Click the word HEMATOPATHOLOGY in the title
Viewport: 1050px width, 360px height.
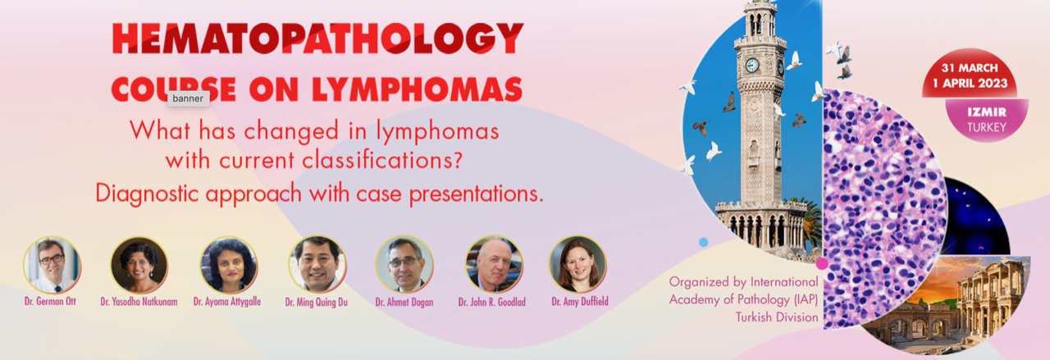pos(317,38)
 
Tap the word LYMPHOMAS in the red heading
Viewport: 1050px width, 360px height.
pos(417,89)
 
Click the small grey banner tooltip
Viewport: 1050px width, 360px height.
pos(188,98)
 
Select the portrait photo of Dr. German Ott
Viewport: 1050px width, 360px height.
pos(52,265)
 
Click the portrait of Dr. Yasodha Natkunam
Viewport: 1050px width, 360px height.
pos(139,265)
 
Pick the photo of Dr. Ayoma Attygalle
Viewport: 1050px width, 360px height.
pos(229,265)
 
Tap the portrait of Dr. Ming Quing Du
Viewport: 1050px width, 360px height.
pos(317,265)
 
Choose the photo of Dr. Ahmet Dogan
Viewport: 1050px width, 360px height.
pos(404,265)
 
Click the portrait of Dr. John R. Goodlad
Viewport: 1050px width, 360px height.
pos(493,265)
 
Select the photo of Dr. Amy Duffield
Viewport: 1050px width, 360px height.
pos(577,265)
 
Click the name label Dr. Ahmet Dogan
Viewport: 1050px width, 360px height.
pos(404,303)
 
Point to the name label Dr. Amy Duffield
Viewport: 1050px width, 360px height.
pos(580,302)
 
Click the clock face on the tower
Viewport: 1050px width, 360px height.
pos(752,65)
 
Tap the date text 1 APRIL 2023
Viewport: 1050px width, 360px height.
pos(970,84)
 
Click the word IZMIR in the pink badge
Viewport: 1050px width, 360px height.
pos(987,112)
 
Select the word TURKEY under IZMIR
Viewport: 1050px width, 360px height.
pos(987,127)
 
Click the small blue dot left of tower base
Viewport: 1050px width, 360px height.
pos(703,243)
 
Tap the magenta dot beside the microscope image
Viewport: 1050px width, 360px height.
pos(822,263)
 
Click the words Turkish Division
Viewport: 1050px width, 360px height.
pos(777,317)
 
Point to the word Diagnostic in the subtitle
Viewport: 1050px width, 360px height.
pos(147,194)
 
